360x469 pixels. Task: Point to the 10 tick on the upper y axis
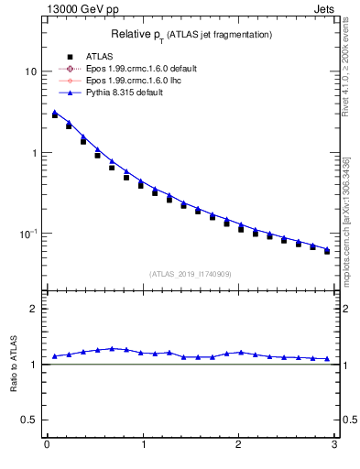tap(30, 71)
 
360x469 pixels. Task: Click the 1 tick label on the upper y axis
tap(33, 153)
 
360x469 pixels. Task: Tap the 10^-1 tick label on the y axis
tap(28, 234)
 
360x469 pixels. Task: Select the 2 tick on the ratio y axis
tap(33, 309)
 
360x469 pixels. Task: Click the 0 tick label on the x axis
tap(46, 444)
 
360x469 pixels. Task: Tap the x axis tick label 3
tap(334, 444)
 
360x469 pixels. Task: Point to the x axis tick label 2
tap(238, 444)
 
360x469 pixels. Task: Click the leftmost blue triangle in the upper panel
tap(55, 113)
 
